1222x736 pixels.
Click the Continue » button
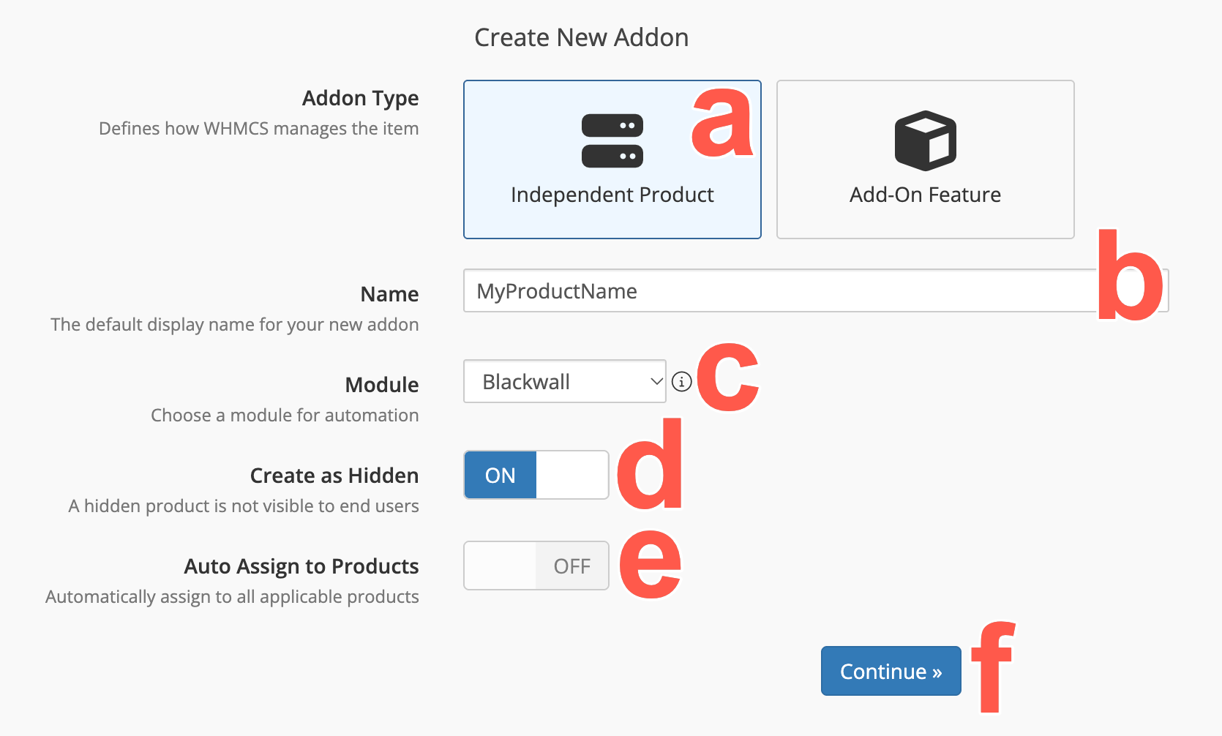click(x=891, y=671)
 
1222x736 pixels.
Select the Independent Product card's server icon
click(x=612, y=140)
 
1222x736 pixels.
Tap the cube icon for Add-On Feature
click(x=925, y=140)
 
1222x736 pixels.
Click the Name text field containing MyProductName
click(x=780, y=290)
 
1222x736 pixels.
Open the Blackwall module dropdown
click(x=565, y=381)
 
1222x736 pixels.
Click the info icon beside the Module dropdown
click(x=681, y=381)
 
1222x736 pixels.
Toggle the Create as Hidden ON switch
click(x=536, y=475)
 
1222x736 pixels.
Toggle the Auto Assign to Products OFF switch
click(x=536, y=566)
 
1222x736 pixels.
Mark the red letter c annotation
click(x=728, y=377)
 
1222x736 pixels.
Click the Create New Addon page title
click(x=582, y=37)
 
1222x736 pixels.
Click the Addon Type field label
click(x=361, y=98)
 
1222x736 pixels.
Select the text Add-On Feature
click(x=925, y=195)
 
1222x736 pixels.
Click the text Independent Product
click(x=612, y=195)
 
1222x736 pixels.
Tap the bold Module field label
click(x=382, y=385)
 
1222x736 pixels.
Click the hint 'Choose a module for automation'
click(x=285, y=416)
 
